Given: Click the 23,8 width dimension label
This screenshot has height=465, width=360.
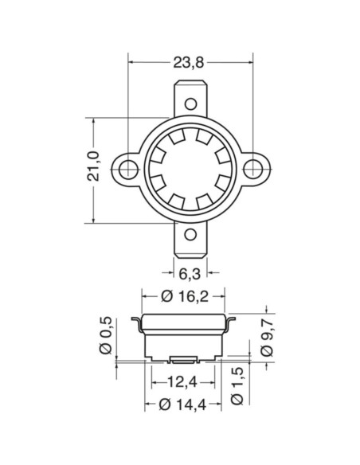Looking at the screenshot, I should click(190, 59).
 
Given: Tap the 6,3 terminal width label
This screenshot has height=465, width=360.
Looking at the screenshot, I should click(189, 275).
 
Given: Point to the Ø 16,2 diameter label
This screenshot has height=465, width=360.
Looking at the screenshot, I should click(185, 296).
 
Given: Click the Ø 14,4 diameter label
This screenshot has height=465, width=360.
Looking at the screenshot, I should click(185, 404).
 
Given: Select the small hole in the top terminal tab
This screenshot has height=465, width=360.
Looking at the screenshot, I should click(190, 103).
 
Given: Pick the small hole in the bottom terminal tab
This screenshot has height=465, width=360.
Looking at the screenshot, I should click(190, 233).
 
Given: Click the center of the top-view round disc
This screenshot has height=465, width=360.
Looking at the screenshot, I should click(190, 168).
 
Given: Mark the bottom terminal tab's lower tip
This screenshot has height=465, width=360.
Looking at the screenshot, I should click(190, 260).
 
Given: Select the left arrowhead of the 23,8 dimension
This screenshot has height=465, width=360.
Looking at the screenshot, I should click(131, 59).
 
